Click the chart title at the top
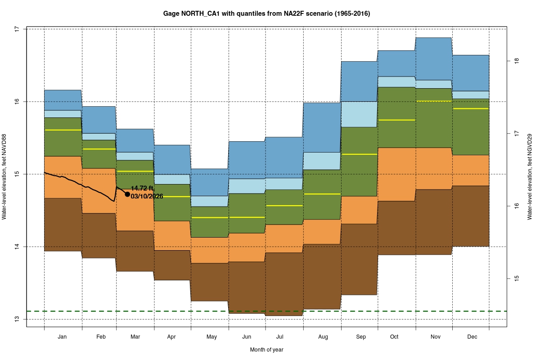click(266, 14)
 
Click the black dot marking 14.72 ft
click(127, 194)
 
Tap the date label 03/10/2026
click(147, 196)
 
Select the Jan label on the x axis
click(63, 337)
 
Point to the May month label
click(211, 337)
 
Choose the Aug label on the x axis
click(323, 337)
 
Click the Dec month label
click(472, 337)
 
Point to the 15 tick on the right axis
click(517, 279)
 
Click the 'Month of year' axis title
click(266, 349)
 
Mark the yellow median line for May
click(210, 217)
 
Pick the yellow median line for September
click(359, 154)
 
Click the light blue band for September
click(359, 114)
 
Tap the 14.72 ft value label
click(142, 188)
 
